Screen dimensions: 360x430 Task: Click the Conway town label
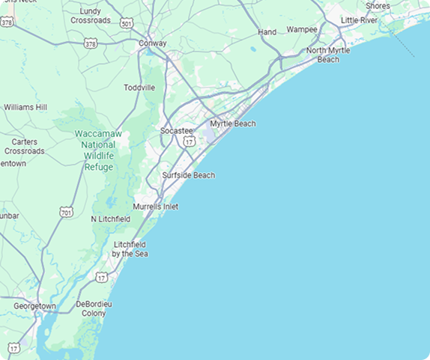pos(153,43)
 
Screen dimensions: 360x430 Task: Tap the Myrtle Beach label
pos(232,123)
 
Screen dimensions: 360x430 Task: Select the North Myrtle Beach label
pos(328,55)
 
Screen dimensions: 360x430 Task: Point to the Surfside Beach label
pos(188,175)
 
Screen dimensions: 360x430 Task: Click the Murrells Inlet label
pos(155,207)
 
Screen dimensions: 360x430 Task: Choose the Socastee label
pos(177,130)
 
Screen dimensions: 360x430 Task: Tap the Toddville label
pos(139,88)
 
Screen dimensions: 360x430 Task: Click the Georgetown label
pos(34,306)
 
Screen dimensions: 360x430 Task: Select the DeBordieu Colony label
pos(94,309)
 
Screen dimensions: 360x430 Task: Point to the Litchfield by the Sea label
pos(130,249)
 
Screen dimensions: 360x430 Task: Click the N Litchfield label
pos(110,219)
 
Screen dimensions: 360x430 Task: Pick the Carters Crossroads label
pos(24,146)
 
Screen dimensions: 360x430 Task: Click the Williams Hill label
pos(25,107)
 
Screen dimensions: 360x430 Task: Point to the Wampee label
pos(302,29)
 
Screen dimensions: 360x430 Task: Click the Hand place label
pos(267,32)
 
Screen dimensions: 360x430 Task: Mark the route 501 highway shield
pos(127,24)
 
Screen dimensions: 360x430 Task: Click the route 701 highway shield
pos(67,212)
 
